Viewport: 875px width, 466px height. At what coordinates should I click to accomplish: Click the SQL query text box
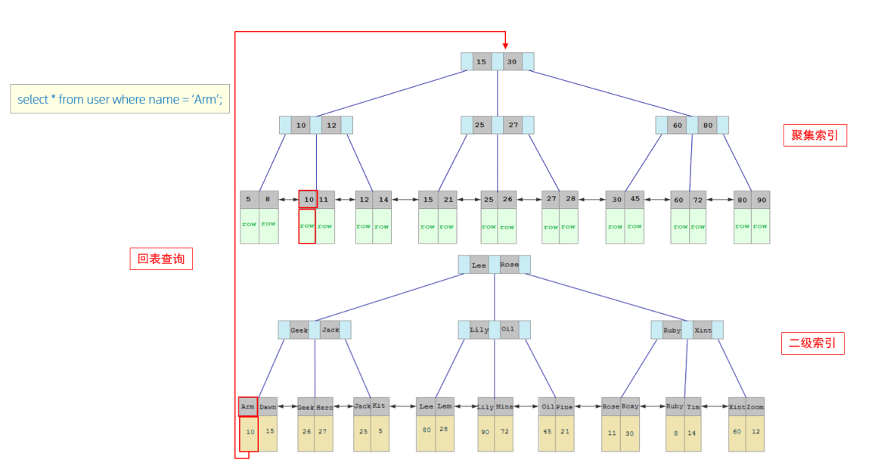tap(119, 99)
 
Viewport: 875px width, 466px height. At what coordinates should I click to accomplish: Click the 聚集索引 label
tap(814, 135)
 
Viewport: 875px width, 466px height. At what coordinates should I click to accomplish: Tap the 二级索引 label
tap(812, 343)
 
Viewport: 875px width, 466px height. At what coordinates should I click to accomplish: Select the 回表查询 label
tap(161, 259)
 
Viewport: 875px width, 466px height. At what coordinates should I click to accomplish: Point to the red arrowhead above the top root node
tap(505, 45)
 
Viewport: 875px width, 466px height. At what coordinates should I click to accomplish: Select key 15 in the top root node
tap(482, 62)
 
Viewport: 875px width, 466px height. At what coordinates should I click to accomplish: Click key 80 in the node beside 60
tap(707, 126)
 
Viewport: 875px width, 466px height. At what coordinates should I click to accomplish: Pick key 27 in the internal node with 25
tap(513, 126)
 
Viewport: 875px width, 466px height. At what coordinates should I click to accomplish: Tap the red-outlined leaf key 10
tap(307, 200)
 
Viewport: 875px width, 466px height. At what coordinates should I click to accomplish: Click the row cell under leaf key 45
tap(634, 226)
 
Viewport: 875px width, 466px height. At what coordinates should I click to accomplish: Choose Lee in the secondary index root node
tap(479, 265)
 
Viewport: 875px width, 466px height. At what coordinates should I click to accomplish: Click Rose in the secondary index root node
tap(509, 265)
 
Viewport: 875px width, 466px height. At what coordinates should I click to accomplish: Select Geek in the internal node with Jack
tap(299, 330)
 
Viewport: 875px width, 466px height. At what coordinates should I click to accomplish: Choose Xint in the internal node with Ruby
tap(703, 330)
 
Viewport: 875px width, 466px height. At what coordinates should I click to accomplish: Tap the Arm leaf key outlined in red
tap(248, 406)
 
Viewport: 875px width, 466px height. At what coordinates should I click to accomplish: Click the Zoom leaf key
tap(755, 406)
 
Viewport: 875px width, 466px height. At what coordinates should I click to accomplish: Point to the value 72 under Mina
tap(504, 430)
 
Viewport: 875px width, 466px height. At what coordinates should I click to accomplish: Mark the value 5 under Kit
tap(380, 430)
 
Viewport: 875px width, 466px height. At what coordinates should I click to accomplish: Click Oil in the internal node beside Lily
tap(507, 330)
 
